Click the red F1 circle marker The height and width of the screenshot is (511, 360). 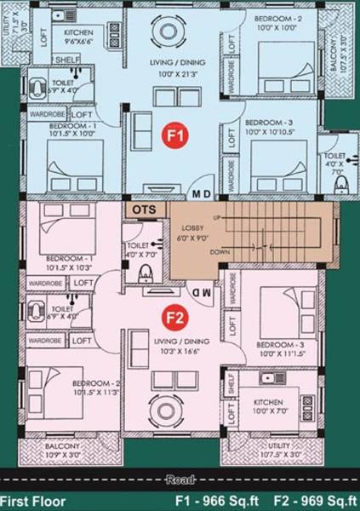pyautogui.click(x=174, y=135)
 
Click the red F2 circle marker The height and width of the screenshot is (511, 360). pyautogui.click(x=175, y=319)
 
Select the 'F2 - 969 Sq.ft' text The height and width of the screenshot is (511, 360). pyautogui.click(x=314, y=500)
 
